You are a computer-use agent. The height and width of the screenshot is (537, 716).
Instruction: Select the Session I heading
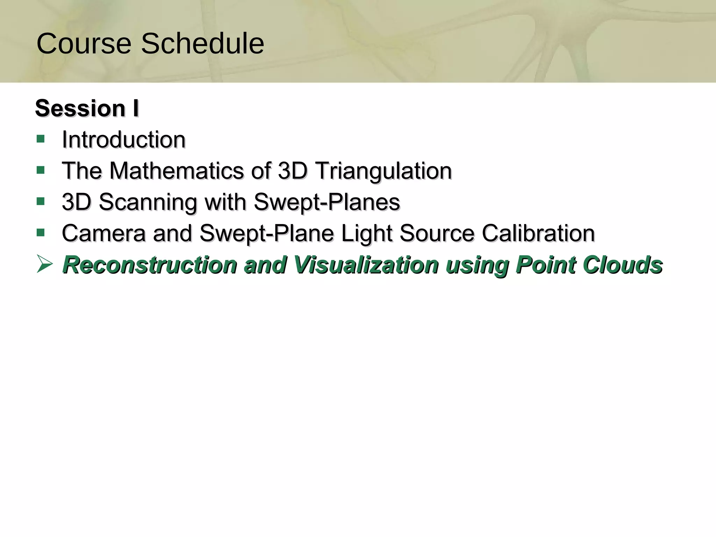[87, 108]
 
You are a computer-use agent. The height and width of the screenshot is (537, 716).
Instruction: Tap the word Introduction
[123, 139]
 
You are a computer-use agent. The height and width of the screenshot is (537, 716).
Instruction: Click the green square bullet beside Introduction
[41, 139]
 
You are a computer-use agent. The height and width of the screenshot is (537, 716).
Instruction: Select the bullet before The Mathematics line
[41, 170]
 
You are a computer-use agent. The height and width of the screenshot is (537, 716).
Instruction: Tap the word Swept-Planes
[327, 202]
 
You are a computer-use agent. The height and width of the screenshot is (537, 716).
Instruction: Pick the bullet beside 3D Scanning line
[41, 201]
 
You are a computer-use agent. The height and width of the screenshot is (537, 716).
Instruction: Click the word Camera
[103, 233]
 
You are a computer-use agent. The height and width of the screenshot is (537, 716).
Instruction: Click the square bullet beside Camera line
[41, 232]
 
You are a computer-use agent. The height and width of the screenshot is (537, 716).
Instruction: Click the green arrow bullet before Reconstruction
[44, 264]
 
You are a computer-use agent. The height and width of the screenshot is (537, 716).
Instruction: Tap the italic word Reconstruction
[150, 265]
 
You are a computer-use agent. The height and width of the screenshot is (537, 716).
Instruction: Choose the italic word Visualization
[366, 265]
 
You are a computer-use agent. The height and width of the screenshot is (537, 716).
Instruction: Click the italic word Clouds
[623, 265]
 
